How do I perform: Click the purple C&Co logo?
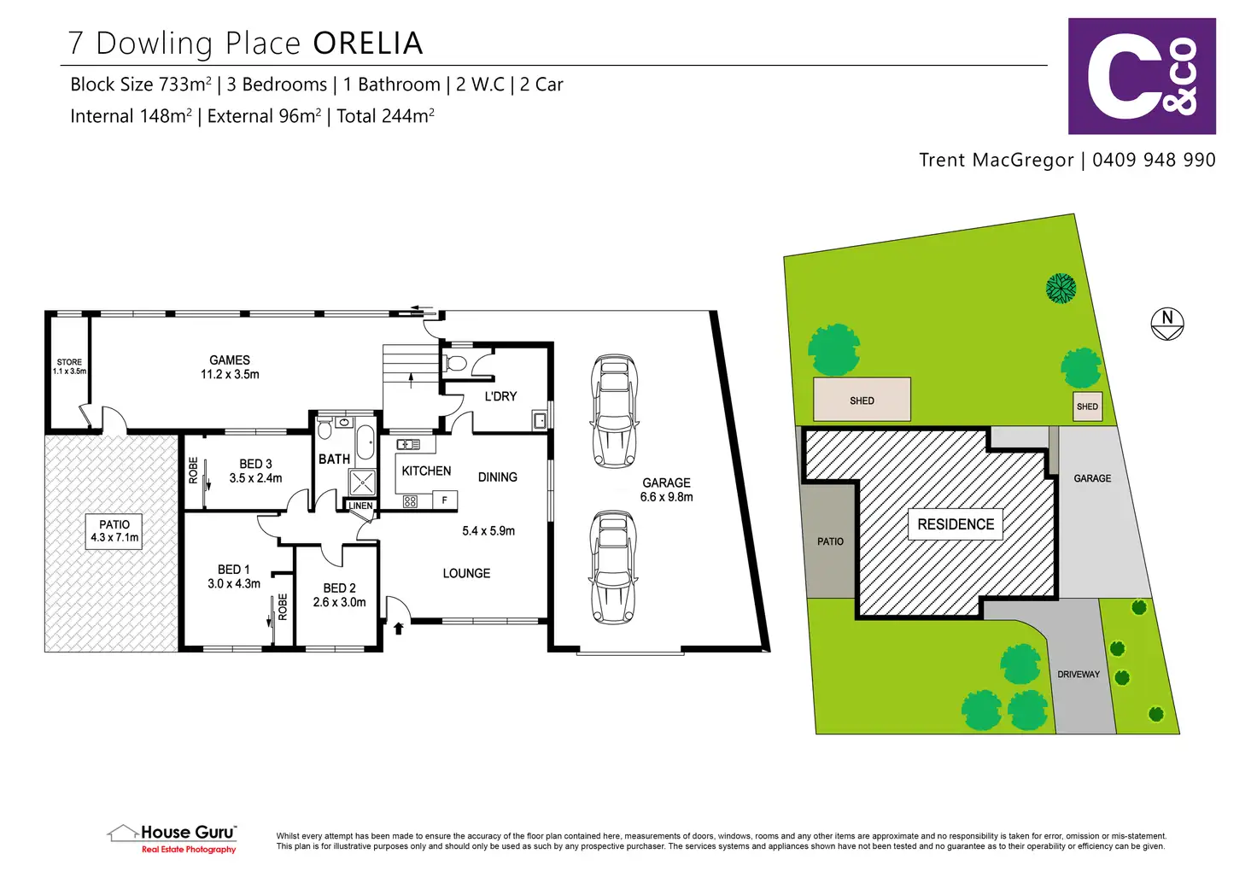1142,76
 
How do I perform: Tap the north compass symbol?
1167,324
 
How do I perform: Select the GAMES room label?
230,360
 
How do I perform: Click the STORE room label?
69,362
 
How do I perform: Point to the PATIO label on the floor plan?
114,524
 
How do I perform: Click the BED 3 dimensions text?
255,478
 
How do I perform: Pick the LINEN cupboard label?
360,506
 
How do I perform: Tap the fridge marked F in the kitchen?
445,500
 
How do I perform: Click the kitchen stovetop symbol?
410,501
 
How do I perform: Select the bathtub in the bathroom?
365,442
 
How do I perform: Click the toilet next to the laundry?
454,363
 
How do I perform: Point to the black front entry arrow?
399,628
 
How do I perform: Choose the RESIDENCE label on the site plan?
956,524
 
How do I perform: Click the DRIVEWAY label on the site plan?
1079,674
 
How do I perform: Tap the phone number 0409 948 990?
1154,160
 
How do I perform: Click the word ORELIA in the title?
367,44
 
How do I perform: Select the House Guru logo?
172,839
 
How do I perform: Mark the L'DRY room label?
500,396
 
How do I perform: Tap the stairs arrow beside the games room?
412,381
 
